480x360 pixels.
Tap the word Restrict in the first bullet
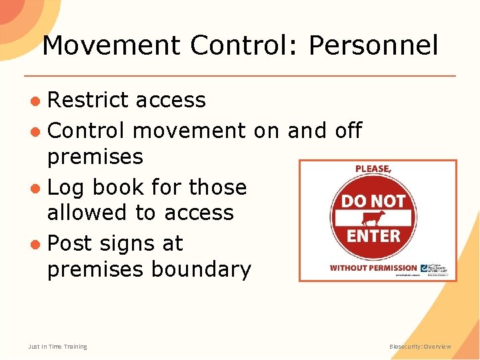(x=88, y=100)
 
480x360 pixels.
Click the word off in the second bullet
(x=348, y=130)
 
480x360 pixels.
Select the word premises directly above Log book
(x=95, y=157)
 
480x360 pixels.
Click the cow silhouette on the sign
(x=373, y=219)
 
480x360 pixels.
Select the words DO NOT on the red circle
(x=373, y=201)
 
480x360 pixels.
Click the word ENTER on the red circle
(x=373, y=236)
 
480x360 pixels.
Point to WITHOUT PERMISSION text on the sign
(x=373, y=268)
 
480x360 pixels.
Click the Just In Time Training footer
(x=58, y=347)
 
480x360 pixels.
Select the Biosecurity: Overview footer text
(x=420, y=347)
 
